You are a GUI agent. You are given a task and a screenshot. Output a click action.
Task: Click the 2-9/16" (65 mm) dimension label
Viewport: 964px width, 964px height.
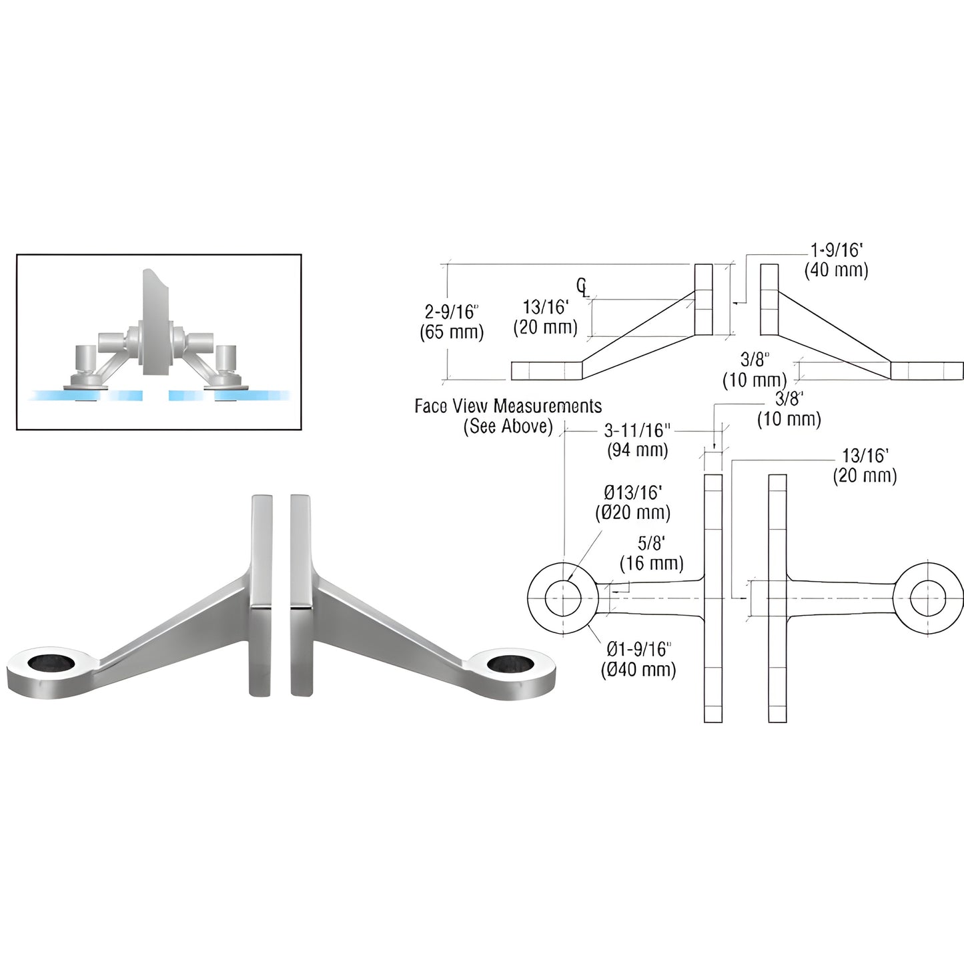click(x=451, y=322)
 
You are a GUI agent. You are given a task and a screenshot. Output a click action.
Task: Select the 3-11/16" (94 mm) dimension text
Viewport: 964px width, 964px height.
click(x=637, y=440)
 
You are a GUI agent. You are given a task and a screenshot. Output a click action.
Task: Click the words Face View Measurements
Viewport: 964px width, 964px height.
click(x=508, y=406)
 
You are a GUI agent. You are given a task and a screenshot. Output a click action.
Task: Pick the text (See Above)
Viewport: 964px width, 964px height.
click(x=508, y=427)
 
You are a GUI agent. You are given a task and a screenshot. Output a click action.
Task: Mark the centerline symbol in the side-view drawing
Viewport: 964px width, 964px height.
click(x=582, y=288)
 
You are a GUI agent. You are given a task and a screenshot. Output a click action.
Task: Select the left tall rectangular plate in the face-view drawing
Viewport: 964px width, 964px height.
click(x=713, y=598)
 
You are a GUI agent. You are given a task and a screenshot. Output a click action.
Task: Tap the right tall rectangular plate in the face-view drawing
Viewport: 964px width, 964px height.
click(x=777, y=598)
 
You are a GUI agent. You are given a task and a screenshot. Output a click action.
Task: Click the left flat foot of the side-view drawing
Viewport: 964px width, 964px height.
click(x=546, y=371)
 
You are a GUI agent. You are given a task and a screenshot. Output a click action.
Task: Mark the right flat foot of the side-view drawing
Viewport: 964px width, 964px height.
click(x=927, y=371)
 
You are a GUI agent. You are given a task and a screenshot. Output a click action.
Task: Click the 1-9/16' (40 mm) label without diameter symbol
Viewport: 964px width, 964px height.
click(x=836, y=260)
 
